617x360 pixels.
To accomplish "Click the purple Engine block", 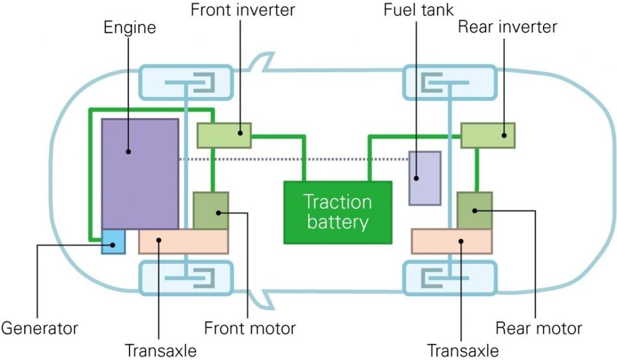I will coord(140,174).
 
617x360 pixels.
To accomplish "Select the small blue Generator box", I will coord(113,241).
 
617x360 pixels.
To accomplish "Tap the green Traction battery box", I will coord(337,212).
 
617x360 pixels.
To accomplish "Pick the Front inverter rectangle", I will coord(224,134).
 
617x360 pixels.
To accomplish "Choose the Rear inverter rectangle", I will coord(487,134).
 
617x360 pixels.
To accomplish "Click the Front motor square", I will coord(211,210).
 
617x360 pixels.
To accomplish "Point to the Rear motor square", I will coord(475,210).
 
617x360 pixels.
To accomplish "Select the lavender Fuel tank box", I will coord(425,178).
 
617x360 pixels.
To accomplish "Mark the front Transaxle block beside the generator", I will coord(183,241).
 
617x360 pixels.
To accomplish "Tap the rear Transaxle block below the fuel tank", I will coord(451,241).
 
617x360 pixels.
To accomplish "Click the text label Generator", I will coord(40,329).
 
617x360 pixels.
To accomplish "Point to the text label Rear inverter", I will coord(507,27).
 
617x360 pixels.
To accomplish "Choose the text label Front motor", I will coord(250,329).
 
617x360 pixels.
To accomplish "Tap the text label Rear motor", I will coord(539,329).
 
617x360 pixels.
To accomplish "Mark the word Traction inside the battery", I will coord(337,201).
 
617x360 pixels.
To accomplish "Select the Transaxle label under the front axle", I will coord(160,350).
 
